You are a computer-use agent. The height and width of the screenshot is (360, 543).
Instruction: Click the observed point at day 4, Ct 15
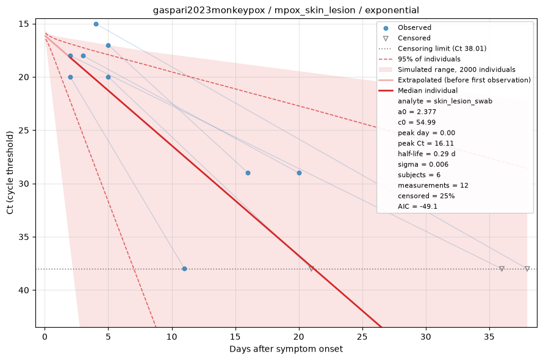tap(96, 24)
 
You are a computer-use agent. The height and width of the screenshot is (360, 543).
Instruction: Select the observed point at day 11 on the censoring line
tap(185, 269)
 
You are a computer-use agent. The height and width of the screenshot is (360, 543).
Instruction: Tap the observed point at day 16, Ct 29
tap(248, 173)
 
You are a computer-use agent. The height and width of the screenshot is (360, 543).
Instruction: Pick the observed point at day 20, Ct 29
tap(299, 173)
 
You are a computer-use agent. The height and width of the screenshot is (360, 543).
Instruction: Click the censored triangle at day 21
tap(311, 268)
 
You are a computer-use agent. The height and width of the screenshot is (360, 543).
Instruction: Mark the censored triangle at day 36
tap(502, 268)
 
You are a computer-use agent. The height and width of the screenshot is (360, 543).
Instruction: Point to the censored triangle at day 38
tap(527, 268)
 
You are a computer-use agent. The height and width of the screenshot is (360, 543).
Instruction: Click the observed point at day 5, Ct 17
tap(108, 45)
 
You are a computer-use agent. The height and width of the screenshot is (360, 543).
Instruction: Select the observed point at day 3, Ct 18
tap(83, 56)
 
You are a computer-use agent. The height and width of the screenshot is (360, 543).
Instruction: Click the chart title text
tap(286, 10)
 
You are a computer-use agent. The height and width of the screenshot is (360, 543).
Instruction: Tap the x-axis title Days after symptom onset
tap(286, 349)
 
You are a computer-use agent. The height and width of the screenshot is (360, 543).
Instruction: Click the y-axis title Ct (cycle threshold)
tap(10, 173)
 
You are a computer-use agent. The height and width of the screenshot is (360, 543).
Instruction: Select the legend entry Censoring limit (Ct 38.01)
tap(433, 48)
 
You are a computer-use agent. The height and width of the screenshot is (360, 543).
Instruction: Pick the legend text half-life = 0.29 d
tap(426, 154)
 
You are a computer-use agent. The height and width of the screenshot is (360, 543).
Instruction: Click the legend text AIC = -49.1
tap(418, 206)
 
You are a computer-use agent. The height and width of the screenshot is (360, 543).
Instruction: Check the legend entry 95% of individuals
tap(419, 59)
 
